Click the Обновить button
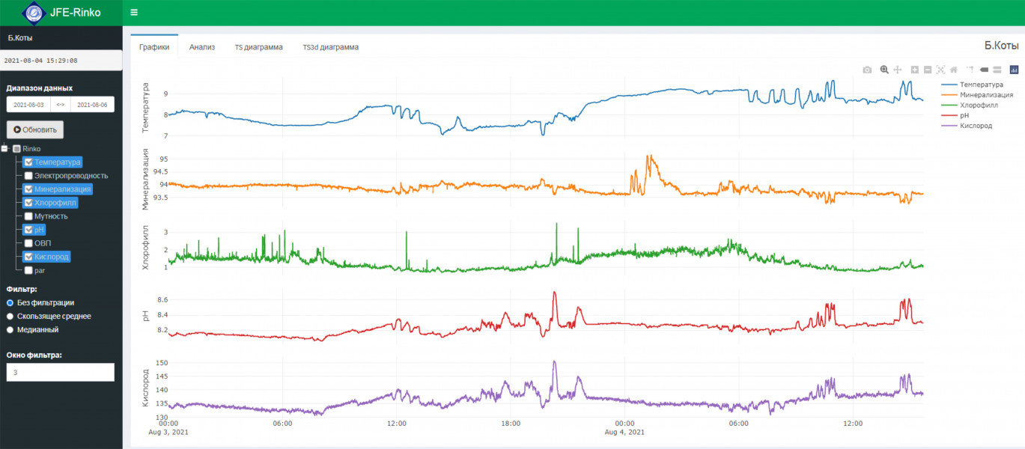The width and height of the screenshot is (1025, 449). pyautogui.click(x=35, y=129)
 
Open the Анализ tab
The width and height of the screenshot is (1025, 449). pyautogui.click(x=202, y=47)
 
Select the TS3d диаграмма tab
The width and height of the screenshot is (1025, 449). pyautogui.click(x=330, y=47)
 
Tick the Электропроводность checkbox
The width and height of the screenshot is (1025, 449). pyautogui.click(x=28, y=176)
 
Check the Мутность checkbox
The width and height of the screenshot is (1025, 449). pyautogui.click(x=28, y=216)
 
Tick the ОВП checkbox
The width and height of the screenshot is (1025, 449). pyautogui.click(x=28, y=243)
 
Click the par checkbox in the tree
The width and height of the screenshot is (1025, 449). pyautogui.click(x=28, y=270)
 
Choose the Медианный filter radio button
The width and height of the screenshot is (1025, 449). pyautogui.click(x=10, y=329)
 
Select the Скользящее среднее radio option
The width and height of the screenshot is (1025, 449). pyautogui.click(x=10, y=316)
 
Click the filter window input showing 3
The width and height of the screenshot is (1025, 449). pyautogui.click(x=60, y=372)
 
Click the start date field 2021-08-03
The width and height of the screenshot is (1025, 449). pyautogui.click(x=29, y=105)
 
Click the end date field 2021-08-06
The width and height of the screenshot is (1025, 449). pyautogui.click(x=92, y=105)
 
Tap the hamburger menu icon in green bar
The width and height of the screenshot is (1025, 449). pyautogui.click(x=134, y=13)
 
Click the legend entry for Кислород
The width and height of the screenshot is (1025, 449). pyautogui.click(x=976, y=126)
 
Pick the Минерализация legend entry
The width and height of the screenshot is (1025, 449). pyautogui.click(x=986, y=95)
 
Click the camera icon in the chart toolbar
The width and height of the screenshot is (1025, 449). pyautogui.click(x=867, y=70)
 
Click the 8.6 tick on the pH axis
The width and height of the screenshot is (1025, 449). pyautogui.click(x=162, y=300)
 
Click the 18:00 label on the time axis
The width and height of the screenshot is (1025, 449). pyautogui.click(x=510, y=424)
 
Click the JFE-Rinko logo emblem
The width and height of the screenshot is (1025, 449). pyautogui.click(x=34, y=13)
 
